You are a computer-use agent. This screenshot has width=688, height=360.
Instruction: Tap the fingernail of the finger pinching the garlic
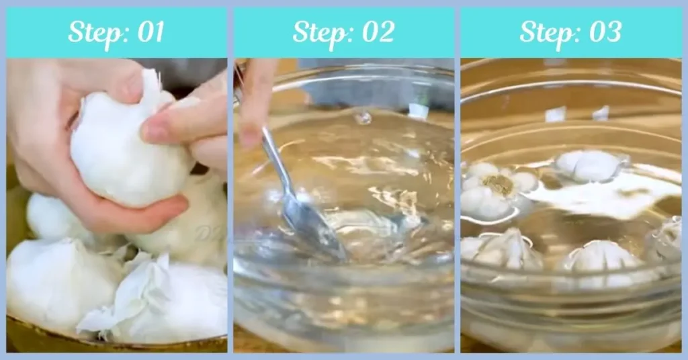coord(153,132)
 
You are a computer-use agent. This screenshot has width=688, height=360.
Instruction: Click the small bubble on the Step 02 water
coord(363,118)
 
